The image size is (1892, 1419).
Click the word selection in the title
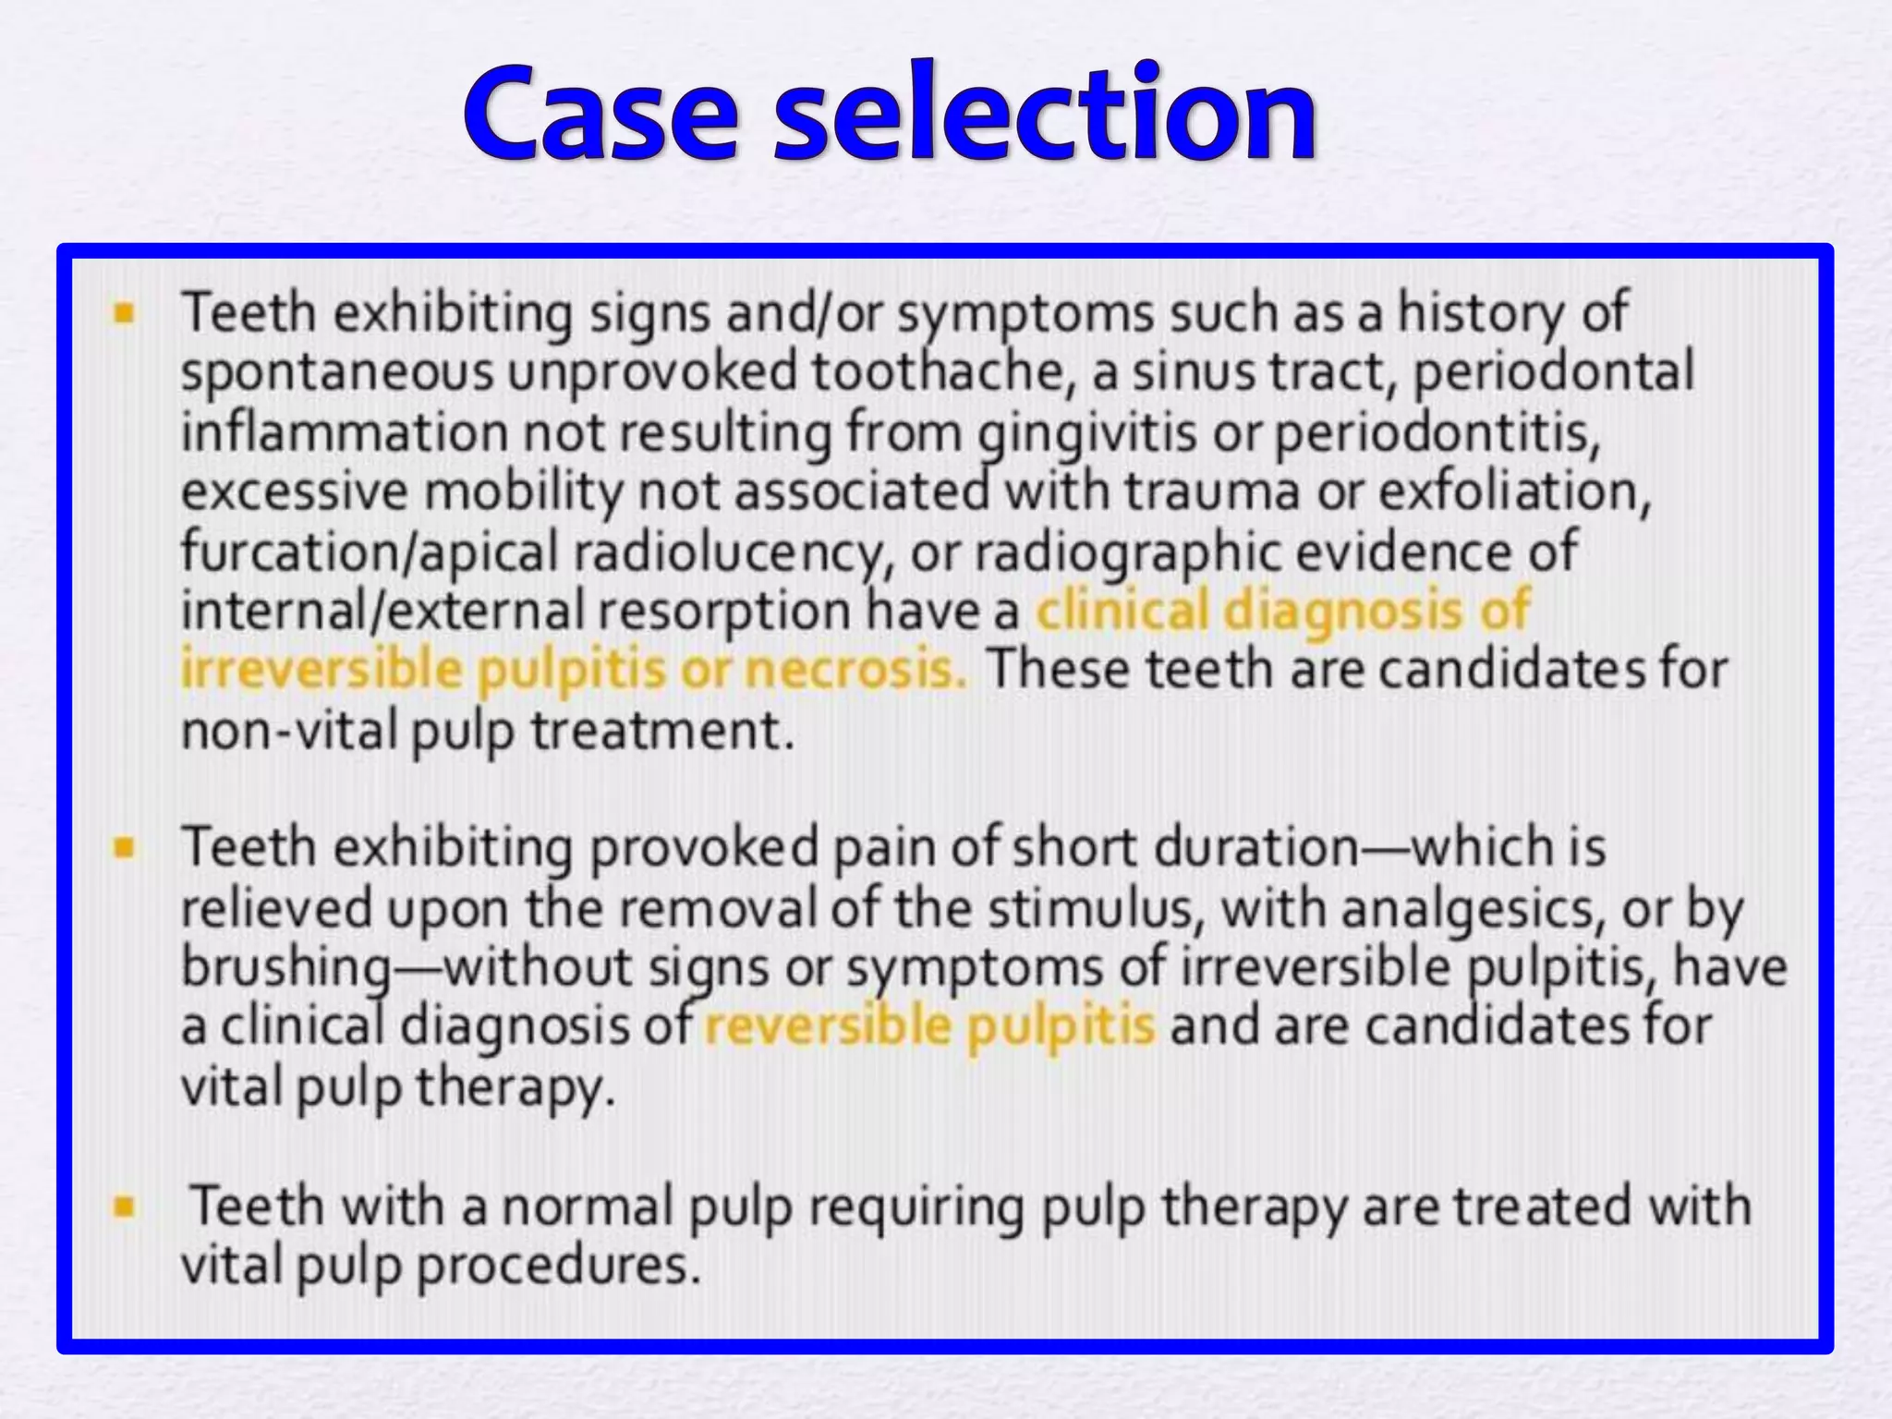1044,115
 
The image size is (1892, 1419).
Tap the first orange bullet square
124,314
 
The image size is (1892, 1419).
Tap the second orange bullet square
124,848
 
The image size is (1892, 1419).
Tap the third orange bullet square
124,1207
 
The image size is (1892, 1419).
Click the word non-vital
288,732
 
